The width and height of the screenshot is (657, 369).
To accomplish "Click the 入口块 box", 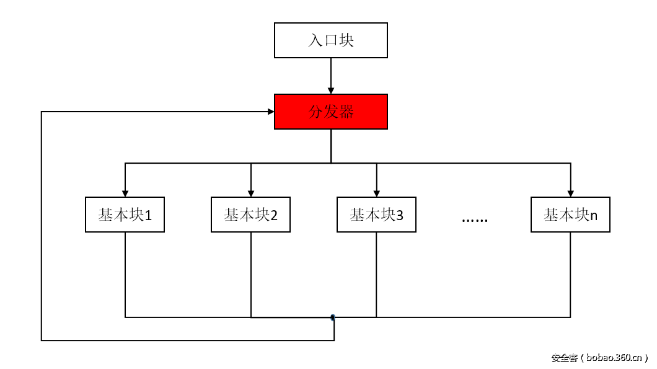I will click(x=331, y=41).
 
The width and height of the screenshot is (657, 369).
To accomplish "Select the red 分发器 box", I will click(x=331, y=112).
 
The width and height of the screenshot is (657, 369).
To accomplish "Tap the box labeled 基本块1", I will click(x=125, y=215).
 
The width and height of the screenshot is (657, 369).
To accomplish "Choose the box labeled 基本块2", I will click(x=250, y=215).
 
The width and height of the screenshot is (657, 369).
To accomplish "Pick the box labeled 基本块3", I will click(x=376, y=215).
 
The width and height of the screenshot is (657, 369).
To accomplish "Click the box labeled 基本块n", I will click(x=570, y=215).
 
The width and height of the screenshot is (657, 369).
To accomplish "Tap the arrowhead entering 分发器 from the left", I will click(x=270, y=112).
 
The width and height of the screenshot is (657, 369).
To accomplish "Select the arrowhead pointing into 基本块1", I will click(x=125, y=193).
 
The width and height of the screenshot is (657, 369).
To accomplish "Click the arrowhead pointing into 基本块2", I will click(x=251, y=193).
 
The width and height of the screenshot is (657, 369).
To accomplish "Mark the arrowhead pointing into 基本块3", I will click(x=377, y=193).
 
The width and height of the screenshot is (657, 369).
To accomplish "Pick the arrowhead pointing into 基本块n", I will click(x=570, y=193).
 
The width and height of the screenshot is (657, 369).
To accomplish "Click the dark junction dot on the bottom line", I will click(x=333, y=318).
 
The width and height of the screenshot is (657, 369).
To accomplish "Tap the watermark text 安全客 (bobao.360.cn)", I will click(x=599, y=358).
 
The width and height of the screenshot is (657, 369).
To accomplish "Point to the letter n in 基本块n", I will click(x=594, y=216).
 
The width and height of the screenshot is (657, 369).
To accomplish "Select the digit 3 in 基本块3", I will click(x=400, y=216).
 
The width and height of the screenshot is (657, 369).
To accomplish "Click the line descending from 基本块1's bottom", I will click(x=125, y=273).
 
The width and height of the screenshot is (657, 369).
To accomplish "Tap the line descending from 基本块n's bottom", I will click(x=570, y=273).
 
